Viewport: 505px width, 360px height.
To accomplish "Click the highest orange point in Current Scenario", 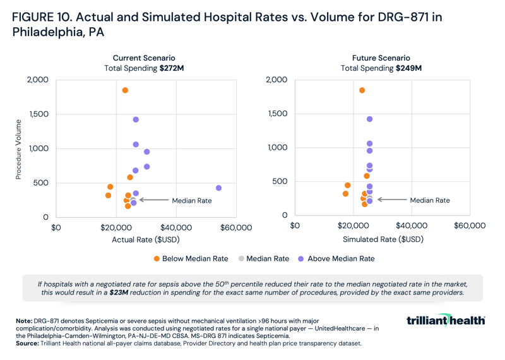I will point(125,90).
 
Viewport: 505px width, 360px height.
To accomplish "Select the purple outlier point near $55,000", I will point(218,188).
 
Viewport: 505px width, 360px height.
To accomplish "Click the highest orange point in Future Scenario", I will point(362,90).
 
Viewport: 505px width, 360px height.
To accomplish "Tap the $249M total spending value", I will point(408,68).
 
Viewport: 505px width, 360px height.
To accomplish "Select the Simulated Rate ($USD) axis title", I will point(379,240).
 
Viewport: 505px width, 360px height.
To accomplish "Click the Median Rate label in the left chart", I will point(191,200).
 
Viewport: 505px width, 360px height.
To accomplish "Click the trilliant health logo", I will point(446,321).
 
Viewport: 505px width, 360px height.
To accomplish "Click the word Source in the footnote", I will point(28,343).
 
